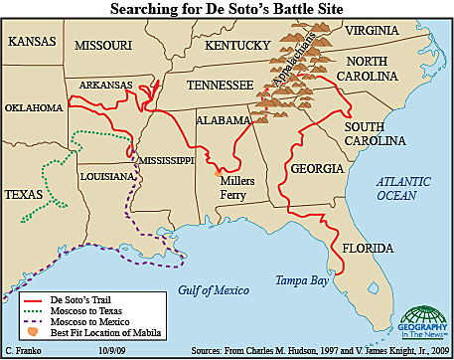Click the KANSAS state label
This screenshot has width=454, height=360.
33,41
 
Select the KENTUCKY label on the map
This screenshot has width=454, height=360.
237,45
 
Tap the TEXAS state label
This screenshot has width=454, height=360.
25,194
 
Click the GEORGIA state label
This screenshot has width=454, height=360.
318,169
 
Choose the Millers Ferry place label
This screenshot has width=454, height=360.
238,188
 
